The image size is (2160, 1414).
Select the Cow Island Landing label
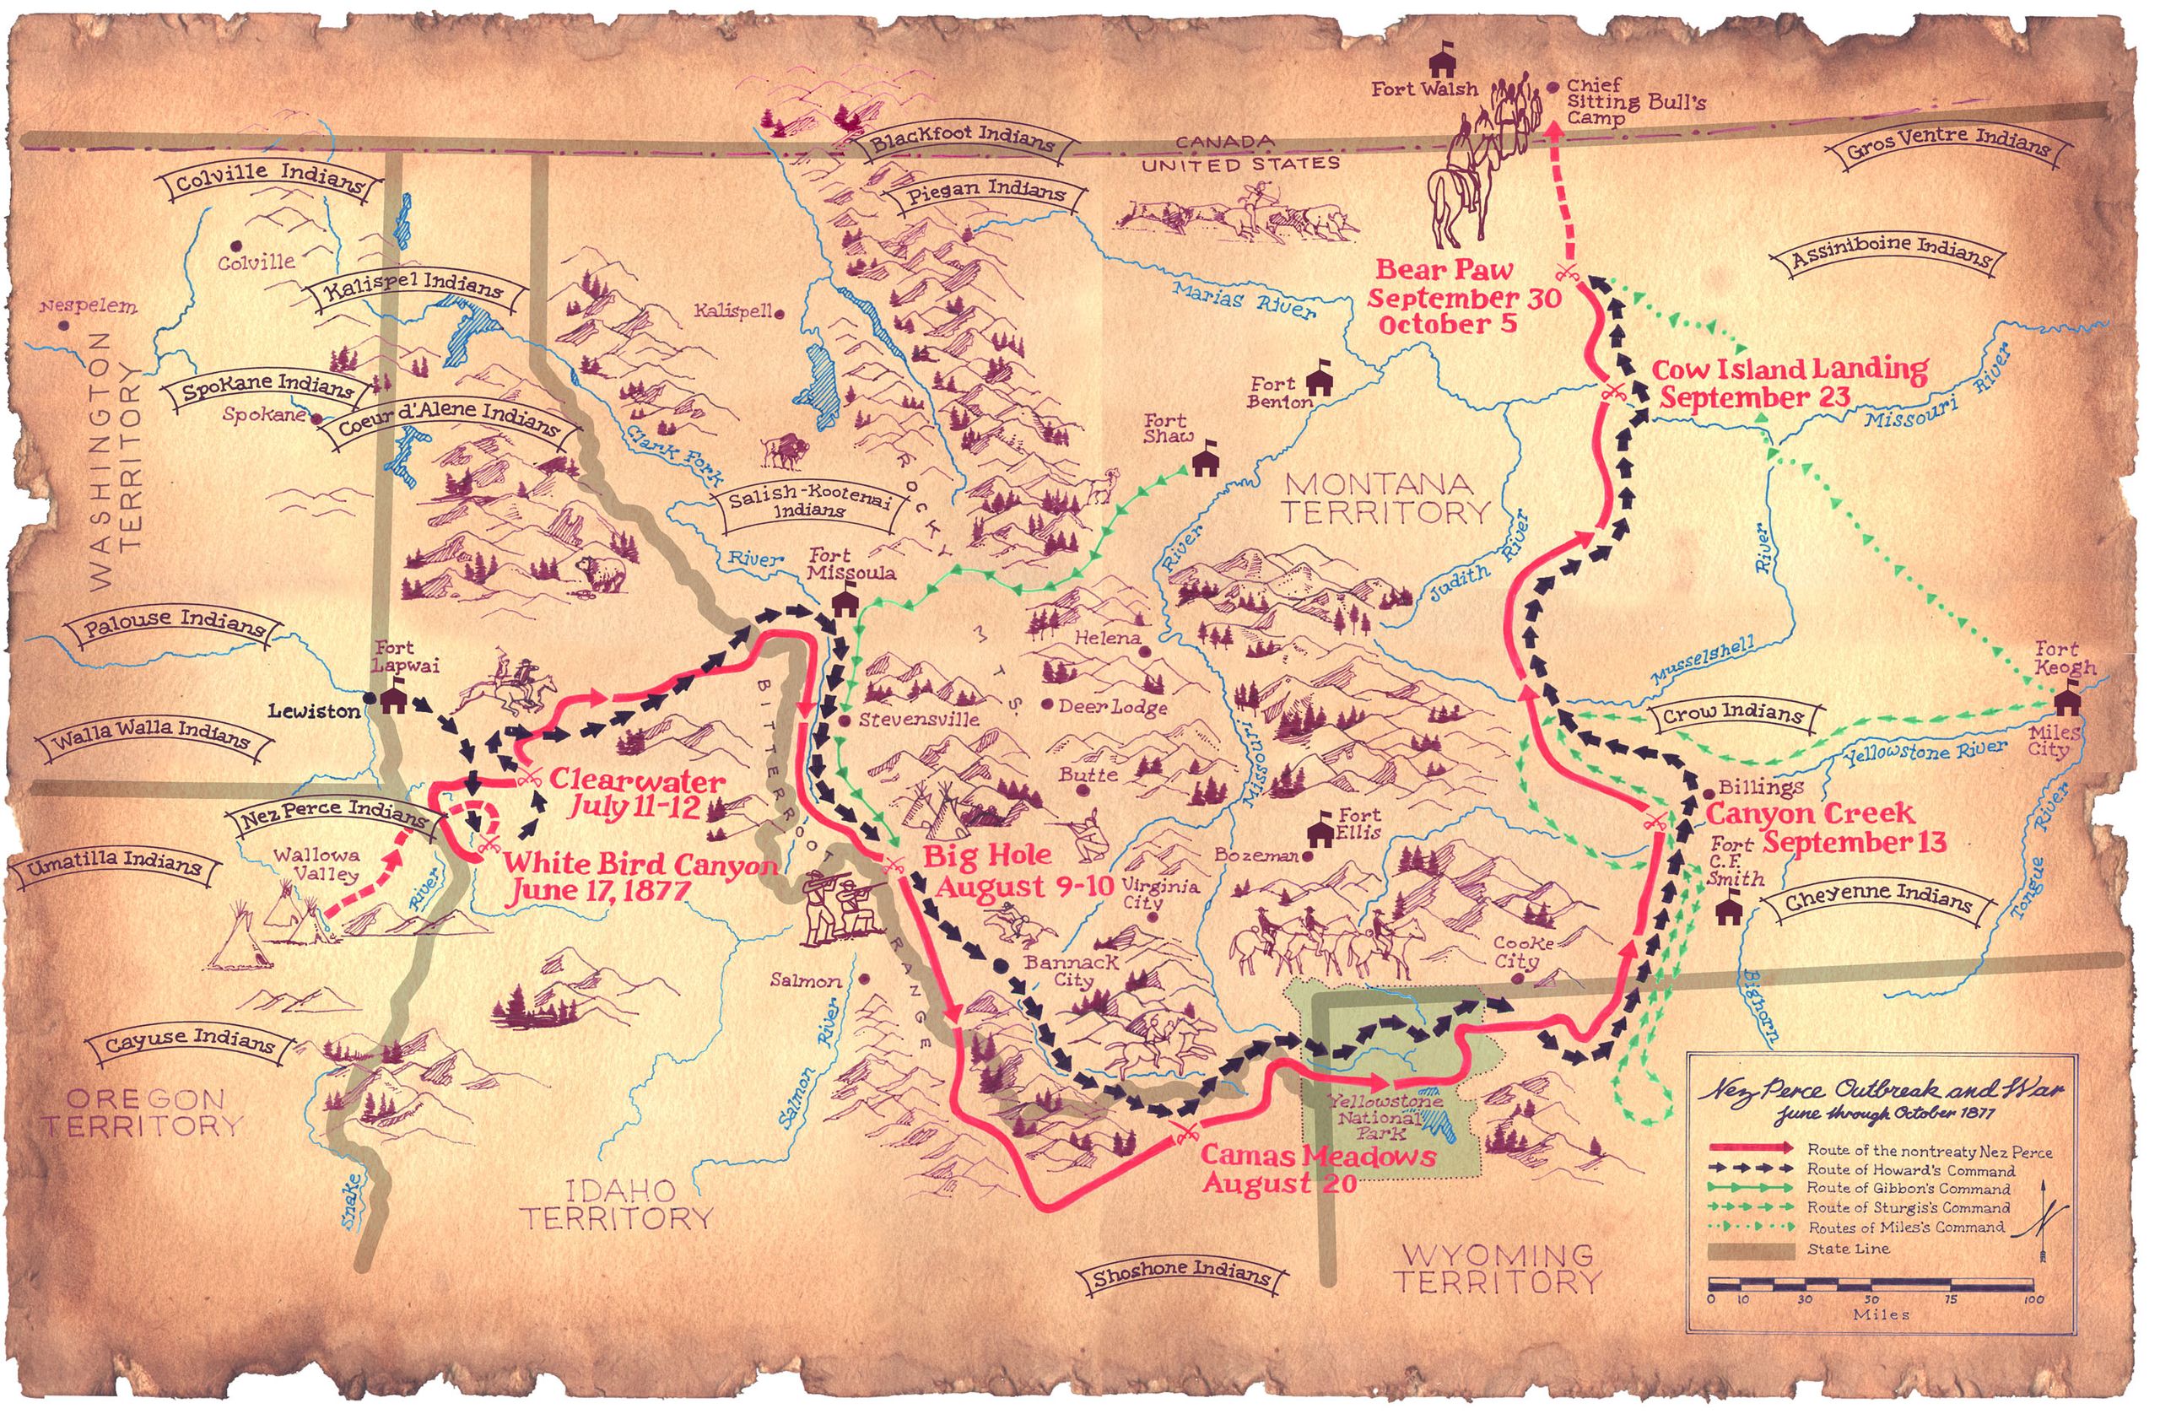(x=1788, y=383)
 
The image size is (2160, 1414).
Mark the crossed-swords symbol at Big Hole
(x=893, y=863)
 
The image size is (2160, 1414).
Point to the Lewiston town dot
(x=370, y=699)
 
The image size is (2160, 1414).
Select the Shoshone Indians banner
(x=1180, y=1275)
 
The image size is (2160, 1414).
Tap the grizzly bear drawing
(x=601, y=574)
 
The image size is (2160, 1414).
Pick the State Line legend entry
(x=1847, y=1249)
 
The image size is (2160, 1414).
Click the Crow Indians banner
(x=1731, y=715)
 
